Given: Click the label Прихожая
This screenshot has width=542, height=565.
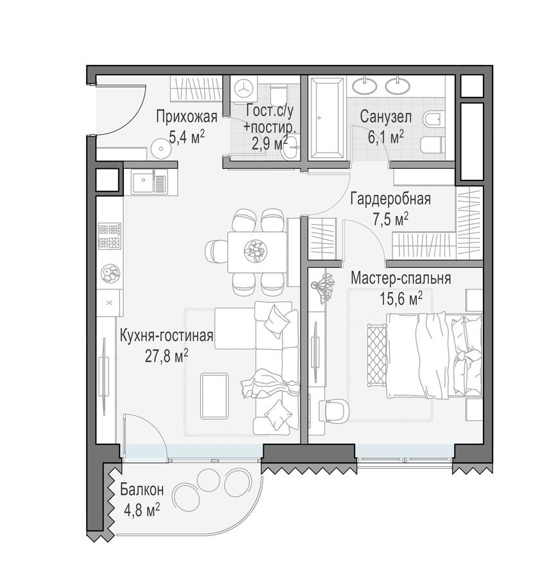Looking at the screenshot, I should [x=186, y=117].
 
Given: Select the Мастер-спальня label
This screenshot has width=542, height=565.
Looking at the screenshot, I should [x=400, y=279].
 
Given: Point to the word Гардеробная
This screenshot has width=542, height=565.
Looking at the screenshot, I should [x=390, y=199].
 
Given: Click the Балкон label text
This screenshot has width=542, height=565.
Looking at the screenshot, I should [x=141, y=491].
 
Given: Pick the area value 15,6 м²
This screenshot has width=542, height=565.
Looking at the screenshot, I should [x=401, y=298].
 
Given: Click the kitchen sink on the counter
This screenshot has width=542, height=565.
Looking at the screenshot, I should [x=149, y=182].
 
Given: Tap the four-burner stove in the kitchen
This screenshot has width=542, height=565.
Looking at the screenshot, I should [x=109, y=236].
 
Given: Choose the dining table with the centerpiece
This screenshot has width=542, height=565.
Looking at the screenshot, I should [x=257, y=252].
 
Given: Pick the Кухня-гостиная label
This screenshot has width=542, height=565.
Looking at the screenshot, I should [x=166, y=335].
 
